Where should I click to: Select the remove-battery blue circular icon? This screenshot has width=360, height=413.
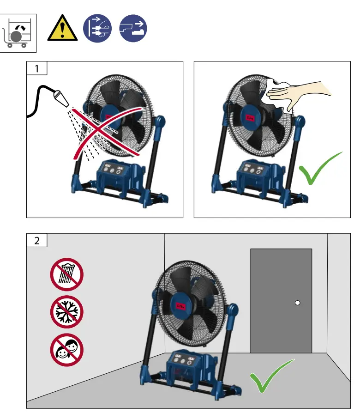click(x=132, y=29)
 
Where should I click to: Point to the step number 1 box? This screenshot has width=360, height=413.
click(x=37, y=69)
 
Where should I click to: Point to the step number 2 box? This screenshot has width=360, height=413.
click(x=36, y=240)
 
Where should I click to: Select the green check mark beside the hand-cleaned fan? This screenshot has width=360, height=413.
click(x=320, y=169)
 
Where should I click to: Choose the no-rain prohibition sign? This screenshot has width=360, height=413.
click(x=67, y=274)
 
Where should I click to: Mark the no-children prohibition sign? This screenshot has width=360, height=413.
click(x=67, y=349)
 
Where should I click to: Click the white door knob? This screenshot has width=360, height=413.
click(x=298, y=303)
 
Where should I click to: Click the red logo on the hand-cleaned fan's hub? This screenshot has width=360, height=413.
click(x=250, y=118)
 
